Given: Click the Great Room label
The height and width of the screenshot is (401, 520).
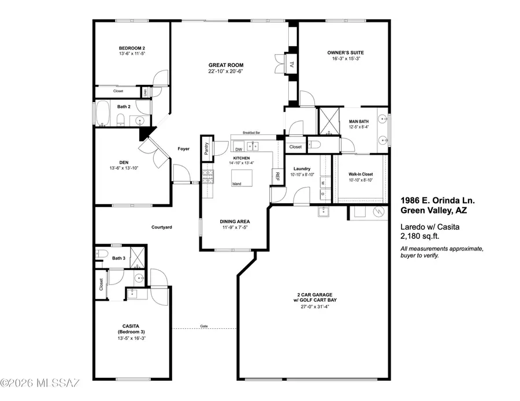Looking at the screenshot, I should [x=226, y=65].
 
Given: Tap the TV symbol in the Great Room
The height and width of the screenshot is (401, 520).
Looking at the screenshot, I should [x=292, y=65].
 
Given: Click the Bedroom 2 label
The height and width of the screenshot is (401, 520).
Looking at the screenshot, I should [x=132, y=48].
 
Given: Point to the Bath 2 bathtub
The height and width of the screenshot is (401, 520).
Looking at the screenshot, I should [x=103, y=114].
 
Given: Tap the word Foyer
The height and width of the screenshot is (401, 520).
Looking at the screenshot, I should [x=183, y=149].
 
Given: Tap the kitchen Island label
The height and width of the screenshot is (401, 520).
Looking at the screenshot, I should [x=237, y=184].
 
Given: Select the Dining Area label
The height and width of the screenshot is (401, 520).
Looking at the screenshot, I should [x=235, y=221].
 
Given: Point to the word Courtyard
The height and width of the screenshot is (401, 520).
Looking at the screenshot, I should [x=162, y=227].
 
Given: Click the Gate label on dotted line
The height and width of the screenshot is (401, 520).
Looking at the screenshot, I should [x=203, y=326].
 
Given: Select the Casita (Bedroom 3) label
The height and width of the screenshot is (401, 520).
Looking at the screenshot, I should [x=131, y=329].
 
